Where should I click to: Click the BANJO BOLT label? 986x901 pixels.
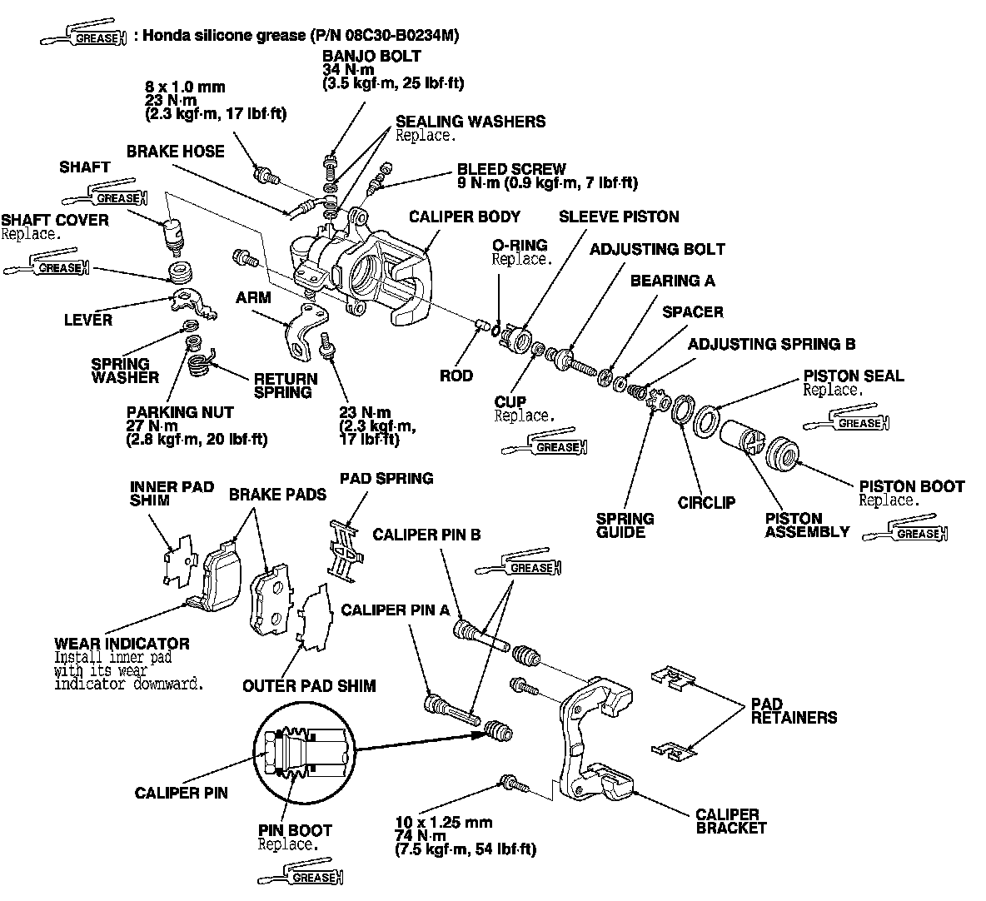(371, 57)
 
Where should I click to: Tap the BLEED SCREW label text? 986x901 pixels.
(510, 169)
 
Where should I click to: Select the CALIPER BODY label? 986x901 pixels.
(464, 217)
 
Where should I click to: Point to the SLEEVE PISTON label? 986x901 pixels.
(618, 217)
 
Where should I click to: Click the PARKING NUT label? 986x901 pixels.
(180, 412)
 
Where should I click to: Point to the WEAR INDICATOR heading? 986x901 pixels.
(122, 644)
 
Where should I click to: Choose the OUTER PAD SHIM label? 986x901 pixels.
(308, 685)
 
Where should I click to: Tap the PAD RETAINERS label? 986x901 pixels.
(793, 710)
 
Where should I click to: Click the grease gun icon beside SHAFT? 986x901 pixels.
(104, 199)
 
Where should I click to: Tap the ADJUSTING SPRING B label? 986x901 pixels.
(771, 344)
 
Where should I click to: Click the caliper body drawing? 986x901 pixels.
(366, 266)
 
